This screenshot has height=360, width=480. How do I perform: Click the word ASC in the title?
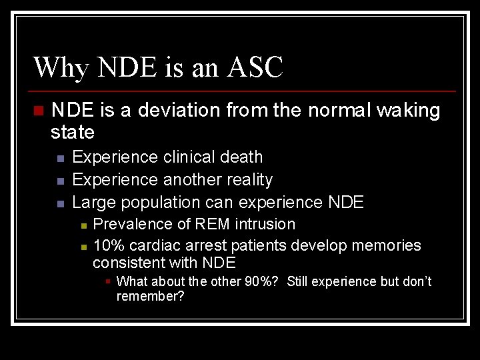[255, 68]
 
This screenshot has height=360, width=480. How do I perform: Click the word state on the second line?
[73, 132]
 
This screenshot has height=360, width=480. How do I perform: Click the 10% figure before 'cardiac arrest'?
[107, 245]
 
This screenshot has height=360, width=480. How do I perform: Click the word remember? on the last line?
[150, 297]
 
